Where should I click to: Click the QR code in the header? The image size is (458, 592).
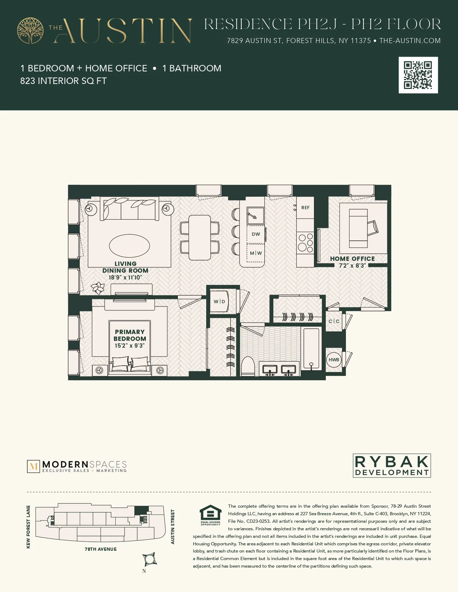click(418, 75)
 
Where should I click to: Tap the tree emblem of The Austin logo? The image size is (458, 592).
click(31, 31)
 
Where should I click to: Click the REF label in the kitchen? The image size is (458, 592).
click(305, 208)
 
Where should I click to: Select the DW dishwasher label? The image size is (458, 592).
click(256, 234)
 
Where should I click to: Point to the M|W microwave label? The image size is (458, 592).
click(256, 253)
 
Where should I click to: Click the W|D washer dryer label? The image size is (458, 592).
click(219, 301)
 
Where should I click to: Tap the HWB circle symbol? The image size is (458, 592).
click(334, 360)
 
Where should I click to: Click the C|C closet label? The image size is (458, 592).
click(334, 321)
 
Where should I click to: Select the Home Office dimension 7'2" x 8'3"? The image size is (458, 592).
click(352, 266)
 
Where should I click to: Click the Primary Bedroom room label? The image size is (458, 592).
click(130, 335)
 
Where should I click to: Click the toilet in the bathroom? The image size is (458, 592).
click(247, 366)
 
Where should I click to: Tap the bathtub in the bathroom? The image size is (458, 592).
click(311, 348)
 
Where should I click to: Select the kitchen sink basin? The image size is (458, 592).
click(255, 215)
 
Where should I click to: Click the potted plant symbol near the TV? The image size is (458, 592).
click(98, 288)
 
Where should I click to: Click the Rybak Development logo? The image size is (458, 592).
click(392, 466)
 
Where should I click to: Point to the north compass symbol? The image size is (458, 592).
click(149, 559)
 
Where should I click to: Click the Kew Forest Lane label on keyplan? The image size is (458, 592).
click(28, 527)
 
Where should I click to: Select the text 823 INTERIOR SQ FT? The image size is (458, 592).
click(63, 81)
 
